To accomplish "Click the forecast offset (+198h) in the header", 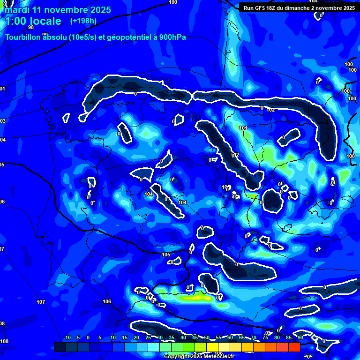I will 83,21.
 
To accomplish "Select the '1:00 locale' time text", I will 33,21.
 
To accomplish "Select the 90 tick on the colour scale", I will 300,338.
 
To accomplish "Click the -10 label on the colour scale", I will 67,338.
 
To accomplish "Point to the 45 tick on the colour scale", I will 195,338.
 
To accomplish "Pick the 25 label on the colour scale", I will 148,338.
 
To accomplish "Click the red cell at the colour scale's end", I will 294,347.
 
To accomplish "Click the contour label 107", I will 41,302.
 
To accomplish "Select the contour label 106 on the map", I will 107,301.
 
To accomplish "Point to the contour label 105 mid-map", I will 166,255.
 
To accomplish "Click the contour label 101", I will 243,128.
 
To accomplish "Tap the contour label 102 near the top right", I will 270,110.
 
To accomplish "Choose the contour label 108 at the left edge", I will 4,341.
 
